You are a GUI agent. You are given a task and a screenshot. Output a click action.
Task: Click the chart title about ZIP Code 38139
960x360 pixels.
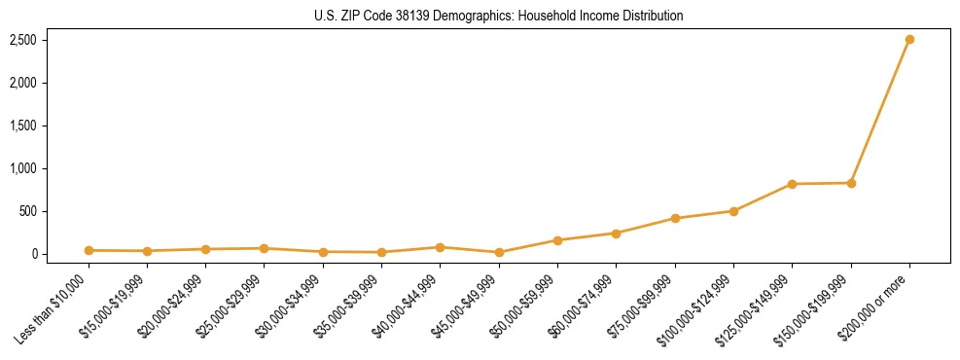499,17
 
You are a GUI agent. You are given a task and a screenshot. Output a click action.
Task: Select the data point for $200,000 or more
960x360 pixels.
909,40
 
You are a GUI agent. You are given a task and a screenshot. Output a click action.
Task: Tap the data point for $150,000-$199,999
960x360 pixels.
851,183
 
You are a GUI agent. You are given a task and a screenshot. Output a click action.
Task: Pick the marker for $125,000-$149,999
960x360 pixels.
793,184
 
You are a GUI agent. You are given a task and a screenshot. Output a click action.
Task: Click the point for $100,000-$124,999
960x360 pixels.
733,211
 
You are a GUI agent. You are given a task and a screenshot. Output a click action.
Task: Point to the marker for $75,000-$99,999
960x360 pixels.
675,218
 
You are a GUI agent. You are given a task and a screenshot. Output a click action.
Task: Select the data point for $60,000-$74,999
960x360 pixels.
616,234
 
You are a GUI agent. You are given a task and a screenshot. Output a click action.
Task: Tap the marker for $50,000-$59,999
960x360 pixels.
557,240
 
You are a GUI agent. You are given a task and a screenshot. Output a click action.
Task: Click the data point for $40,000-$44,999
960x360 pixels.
440,247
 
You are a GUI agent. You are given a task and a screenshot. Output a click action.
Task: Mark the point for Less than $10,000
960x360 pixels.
89,250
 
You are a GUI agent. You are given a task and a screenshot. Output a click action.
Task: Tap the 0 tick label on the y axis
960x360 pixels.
33,254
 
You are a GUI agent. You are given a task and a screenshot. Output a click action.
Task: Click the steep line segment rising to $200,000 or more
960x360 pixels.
880,111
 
